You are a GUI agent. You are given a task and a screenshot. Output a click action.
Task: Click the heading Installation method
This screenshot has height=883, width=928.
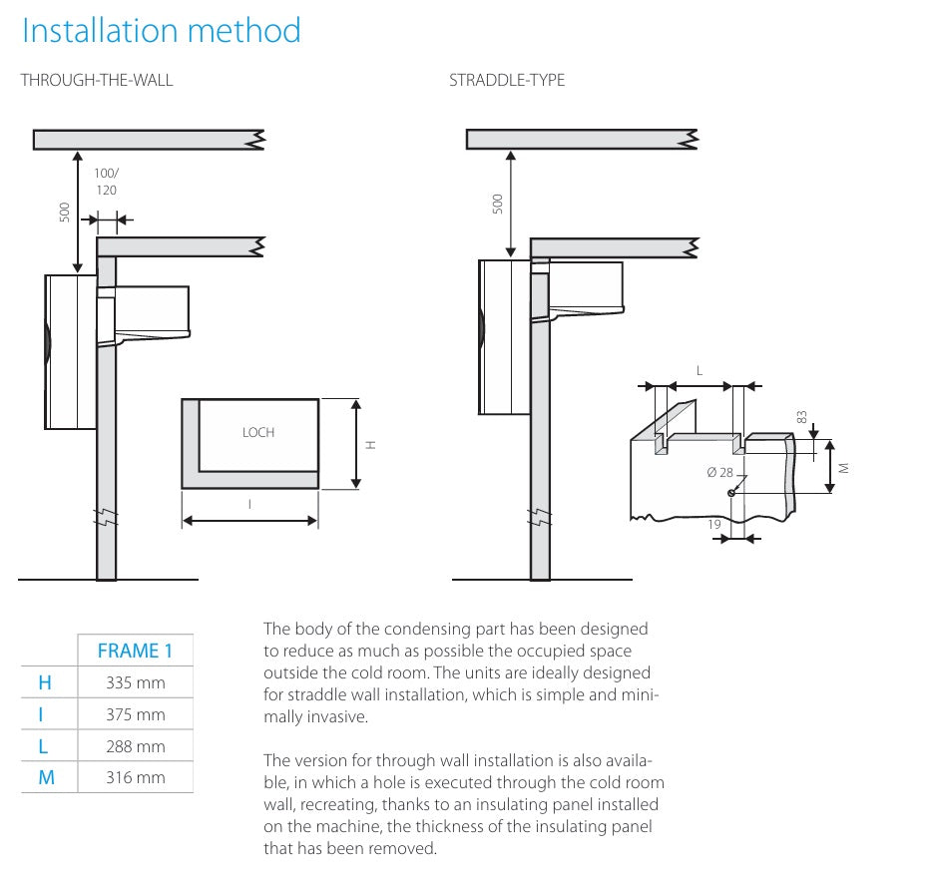coord(161,31)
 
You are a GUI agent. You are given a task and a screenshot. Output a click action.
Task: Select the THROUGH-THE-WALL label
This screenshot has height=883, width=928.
coord(97,80)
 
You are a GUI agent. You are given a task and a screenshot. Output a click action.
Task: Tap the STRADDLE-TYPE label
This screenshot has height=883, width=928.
coord(507,80)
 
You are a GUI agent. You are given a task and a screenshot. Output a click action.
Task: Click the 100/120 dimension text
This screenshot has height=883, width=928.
coord(106,182)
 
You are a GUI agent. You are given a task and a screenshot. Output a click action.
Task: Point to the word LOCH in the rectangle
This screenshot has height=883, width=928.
coord(257,432)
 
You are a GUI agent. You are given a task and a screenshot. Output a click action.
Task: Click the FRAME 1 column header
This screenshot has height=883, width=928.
coord(135,651)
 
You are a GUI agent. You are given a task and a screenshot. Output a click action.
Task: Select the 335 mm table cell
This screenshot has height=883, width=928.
coord(135,683)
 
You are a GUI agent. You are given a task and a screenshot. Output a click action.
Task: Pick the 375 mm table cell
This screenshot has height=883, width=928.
coord(135,714)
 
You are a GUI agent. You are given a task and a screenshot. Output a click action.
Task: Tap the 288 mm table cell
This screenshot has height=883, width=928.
coord(135,746)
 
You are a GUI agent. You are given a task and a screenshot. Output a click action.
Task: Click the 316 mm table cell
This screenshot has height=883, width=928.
coord(135,777)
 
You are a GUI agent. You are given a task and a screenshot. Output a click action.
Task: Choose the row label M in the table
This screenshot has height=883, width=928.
coord(46,777)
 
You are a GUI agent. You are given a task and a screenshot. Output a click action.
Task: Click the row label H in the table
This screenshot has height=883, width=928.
coord(45,683)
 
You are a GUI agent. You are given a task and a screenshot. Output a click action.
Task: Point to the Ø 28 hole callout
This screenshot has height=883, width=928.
coord(719,472)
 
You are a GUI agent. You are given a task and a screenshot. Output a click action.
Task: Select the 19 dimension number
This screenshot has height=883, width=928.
coord(715,523)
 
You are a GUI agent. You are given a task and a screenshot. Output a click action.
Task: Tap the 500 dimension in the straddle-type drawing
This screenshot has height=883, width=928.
coord(499,204)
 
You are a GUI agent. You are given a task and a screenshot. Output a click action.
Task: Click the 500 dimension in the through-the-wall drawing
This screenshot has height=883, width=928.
coord(65,212)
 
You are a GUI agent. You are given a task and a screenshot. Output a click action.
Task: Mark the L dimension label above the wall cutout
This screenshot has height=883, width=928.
coord(699,370)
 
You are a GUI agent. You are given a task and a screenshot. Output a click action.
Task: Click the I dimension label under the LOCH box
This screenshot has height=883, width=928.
coord(249,505)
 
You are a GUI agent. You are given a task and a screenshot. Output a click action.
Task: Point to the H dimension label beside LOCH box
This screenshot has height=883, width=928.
coord(371,445)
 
